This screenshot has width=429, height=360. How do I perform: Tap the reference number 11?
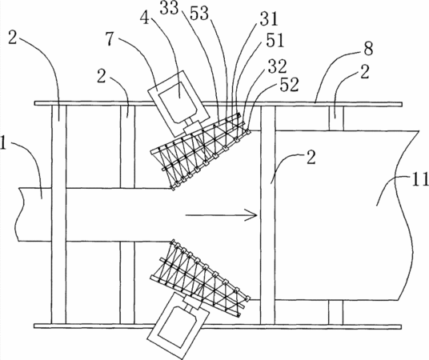[x=421, y=181]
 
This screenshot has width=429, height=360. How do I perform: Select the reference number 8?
[x=368, y=50]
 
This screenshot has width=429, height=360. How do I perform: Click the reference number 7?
[x=109, y=38]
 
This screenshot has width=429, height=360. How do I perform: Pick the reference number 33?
[x=169, y=8]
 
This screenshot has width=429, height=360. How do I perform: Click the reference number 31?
[x=268, y=19]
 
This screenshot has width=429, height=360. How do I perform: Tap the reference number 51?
[x=275, y=41]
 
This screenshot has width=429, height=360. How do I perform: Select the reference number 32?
[x=277, y=66]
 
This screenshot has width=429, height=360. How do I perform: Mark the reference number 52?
[x=289, y=85]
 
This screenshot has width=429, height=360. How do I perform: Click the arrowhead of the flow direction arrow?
[x=251, y=215]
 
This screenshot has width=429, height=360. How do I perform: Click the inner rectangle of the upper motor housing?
[x=178, y=102]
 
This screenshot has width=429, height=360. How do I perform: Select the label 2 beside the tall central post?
[x=311, y=158]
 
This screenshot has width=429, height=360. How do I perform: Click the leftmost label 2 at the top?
[x=12, y=38]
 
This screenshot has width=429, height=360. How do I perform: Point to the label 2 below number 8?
[x=364, y=72]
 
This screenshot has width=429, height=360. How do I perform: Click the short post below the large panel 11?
[x=335, y=312]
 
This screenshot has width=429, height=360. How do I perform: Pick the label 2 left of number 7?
[x=102, y=77]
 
